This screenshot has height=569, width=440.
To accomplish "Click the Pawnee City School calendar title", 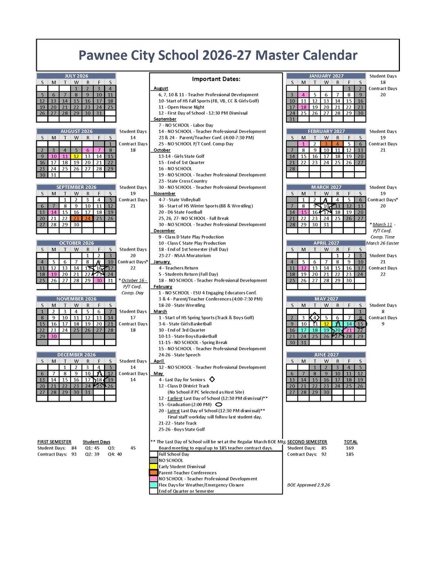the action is tap(217, 55).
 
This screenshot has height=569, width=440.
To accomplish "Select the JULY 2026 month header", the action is tap(76, 76).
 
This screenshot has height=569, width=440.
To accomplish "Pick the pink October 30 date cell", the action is tap(99, 280).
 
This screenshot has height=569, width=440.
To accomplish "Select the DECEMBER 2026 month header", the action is tap(76, 355).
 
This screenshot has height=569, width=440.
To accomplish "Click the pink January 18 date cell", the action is tap(303, 107).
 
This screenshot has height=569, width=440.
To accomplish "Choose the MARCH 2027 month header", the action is tap(326, 187).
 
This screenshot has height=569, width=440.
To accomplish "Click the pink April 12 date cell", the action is tap(303, 268).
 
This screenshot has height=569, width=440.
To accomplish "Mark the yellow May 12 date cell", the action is tap(326, 323).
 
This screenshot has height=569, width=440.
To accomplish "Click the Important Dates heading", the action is tap(216, 79).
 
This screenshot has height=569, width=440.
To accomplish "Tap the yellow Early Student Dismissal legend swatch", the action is tap(154, 466).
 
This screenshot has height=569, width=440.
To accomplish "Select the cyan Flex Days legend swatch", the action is tap(154, 485).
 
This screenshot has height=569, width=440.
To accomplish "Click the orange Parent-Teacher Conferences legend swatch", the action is tap(154, 472).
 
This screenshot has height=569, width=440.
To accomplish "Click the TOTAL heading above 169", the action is tap(350, 442).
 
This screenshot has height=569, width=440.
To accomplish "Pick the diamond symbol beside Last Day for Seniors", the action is tap(211, 380).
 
